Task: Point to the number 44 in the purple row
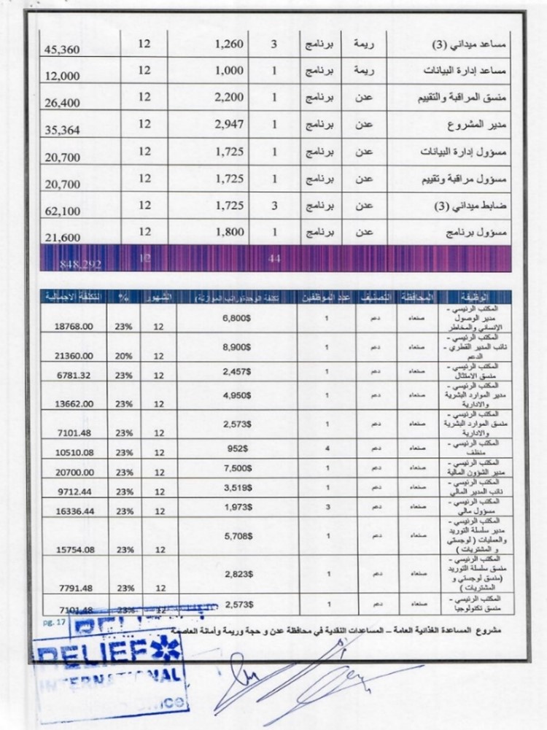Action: point(274,258)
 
